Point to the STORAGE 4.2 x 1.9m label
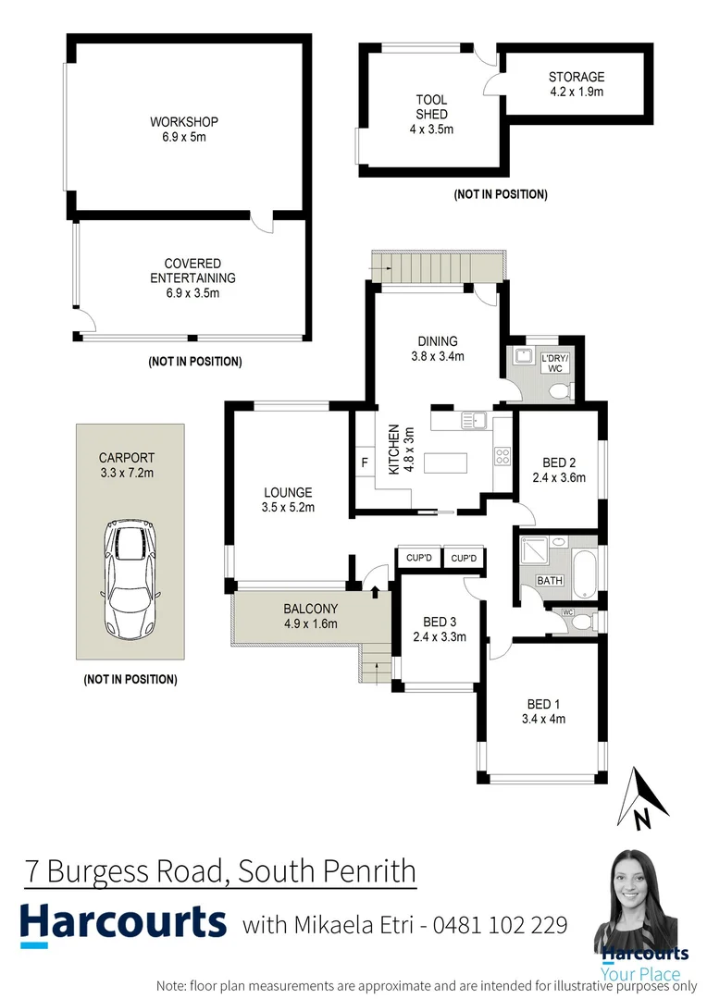(x=576, y=84)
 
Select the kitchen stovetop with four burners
(x=503, y=456)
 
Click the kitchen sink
(x=475, y=420)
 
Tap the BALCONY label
(x=310, y=615)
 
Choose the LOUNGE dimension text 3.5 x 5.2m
(x=288, y=507)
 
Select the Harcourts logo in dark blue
(x=123, y=922)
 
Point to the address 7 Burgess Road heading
(x=219, y=871)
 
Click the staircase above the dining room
(x=437, y=268)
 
